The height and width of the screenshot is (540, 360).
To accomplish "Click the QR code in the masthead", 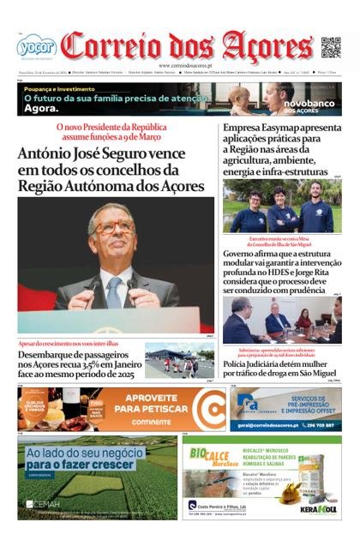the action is [x=331, y=46].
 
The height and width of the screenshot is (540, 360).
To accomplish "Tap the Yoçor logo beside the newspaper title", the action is [x=35, y=47].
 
